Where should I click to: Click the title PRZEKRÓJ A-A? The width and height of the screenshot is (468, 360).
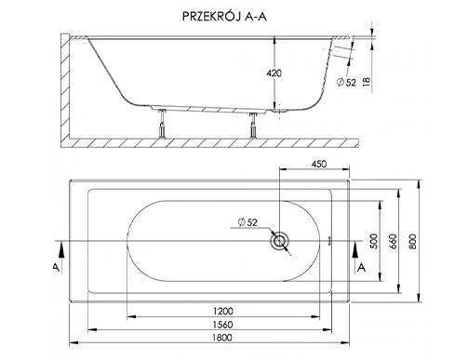coord(224,17)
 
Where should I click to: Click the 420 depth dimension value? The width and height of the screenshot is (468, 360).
coord(274,73)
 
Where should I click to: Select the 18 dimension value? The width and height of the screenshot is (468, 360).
coord(367,81)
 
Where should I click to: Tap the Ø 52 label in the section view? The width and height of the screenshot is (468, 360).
coord(346,83)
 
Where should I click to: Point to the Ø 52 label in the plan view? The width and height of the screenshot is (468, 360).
coord(247,222)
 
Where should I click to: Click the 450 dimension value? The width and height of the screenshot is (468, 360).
coord(319,164)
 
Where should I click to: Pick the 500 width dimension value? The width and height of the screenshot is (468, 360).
coord(375,241)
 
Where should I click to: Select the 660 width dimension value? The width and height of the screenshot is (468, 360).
coord(393,242)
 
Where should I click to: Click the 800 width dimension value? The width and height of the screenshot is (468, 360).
coord(413,242)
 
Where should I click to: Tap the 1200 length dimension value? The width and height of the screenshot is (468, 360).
coord(223,311)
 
